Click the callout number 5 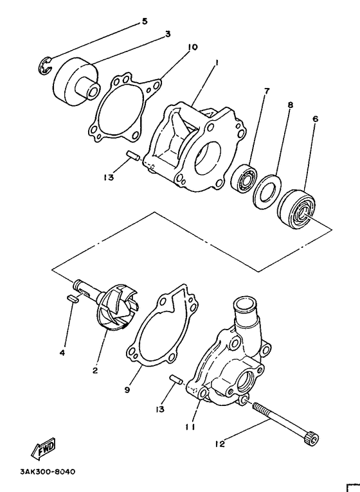144,21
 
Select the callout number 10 192,47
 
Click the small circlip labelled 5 44,67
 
